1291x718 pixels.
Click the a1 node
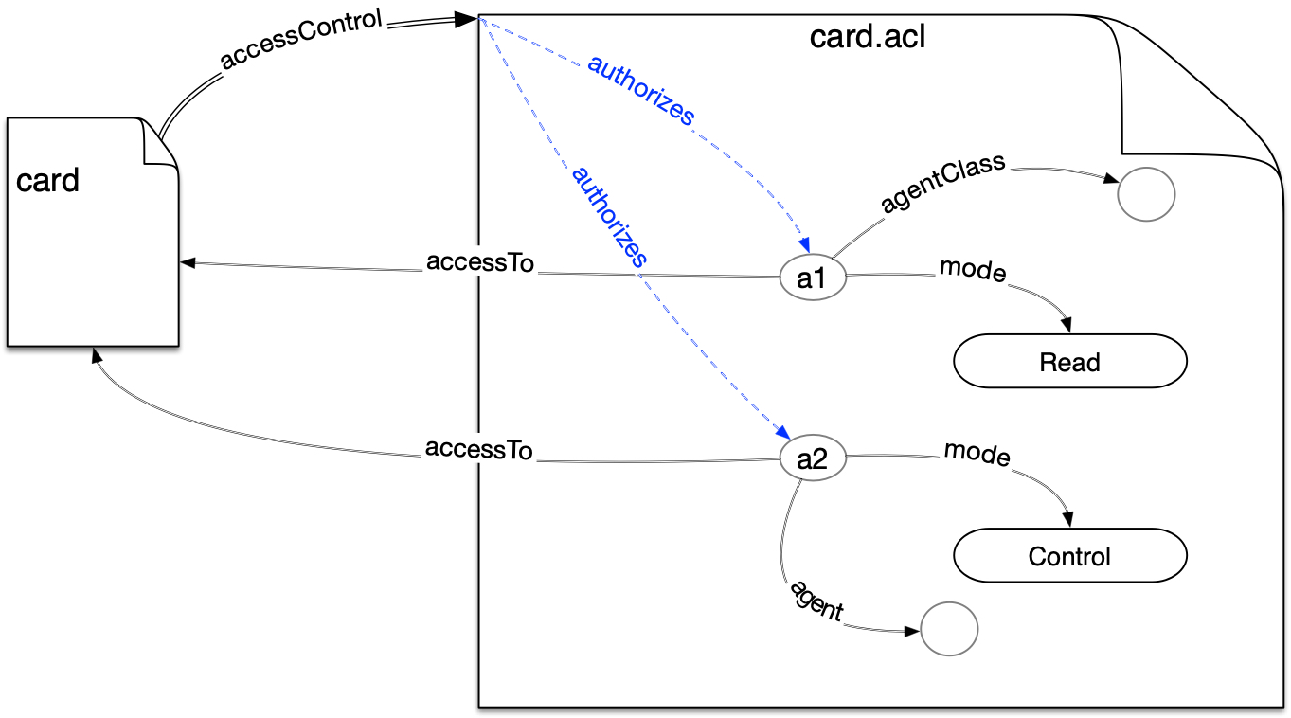click(812, 279)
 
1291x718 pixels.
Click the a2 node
click(812, 459)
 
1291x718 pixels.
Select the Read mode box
click(1069, 362)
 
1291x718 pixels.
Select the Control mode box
click(1069, 556)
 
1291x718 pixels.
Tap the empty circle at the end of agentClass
click(1145, 194)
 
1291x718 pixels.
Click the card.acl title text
click(868, 38)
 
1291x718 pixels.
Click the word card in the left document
click(47, 180)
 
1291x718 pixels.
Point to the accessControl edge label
click(301, 40)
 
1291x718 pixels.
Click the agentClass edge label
click(942, 186)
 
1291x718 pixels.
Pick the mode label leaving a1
click(972, 270)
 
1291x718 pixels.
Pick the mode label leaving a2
click(977, 454)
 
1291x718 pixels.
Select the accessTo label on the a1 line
click(480, 263)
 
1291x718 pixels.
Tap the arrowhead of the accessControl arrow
click(465, 19)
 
